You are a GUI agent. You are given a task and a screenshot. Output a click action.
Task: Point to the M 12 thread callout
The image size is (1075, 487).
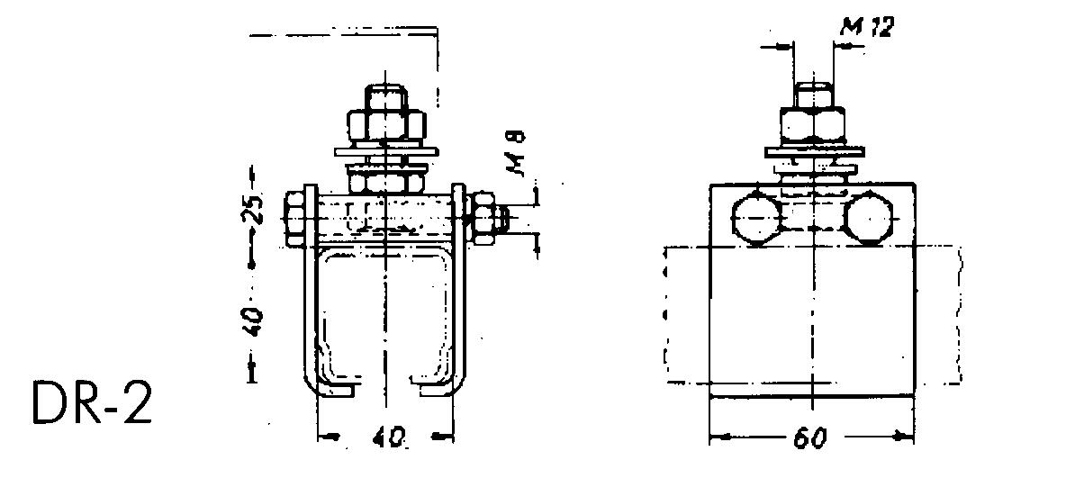point(866,28)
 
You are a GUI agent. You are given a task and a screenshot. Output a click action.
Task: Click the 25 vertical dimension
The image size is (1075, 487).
point(255,209)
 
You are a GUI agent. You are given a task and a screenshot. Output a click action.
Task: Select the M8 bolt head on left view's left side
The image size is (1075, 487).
point(294,217)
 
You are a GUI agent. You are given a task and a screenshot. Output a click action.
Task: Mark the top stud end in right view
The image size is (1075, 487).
point(813,94)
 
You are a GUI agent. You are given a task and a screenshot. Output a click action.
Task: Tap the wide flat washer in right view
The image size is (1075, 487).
point(814,149)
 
